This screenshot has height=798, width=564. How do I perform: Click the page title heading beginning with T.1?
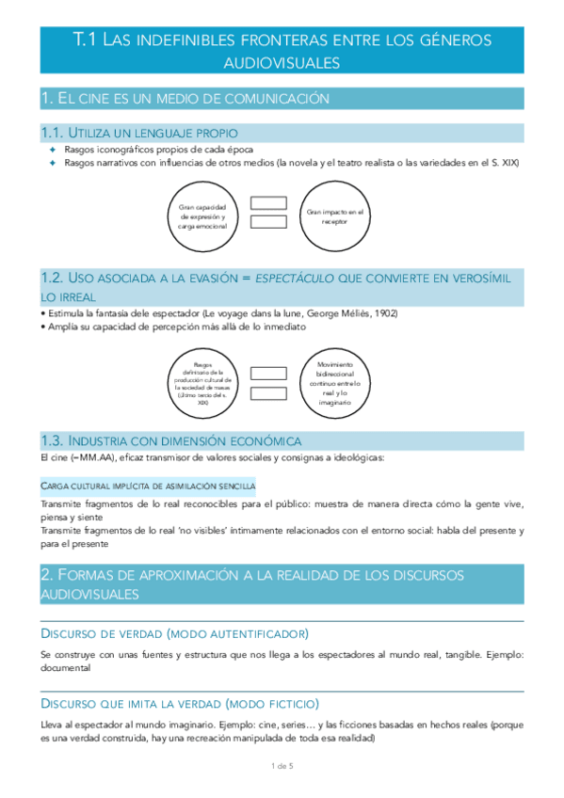(282, 50)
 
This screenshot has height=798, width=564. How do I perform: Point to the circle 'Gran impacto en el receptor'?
(334, 215)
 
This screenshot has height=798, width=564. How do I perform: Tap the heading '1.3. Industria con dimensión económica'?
(171, 440)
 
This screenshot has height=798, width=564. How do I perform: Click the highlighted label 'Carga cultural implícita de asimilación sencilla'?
(148, 486)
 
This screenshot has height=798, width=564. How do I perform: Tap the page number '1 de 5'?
(282, 767)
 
